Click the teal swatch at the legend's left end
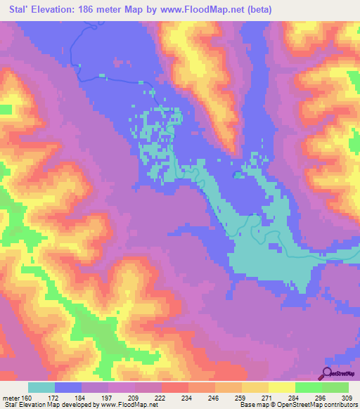(x=41, y=387)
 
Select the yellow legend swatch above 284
(x=281, y=387)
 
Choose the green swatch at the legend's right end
(x=335, y=387)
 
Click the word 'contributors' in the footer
(x=338, y=405)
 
